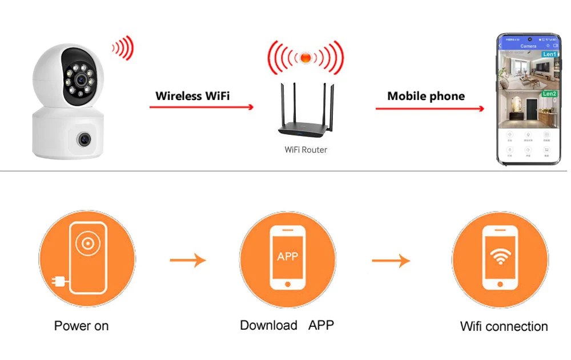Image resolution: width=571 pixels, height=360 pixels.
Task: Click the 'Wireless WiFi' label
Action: pyautogui.click(x=192, y=95)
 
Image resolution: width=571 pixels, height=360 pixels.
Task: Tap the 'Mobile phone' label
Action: pyautogui.click(x=426, y=96)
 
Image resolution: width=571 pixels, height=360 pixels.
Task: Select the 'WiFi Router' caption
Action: pyautogui.click(x=306, y=150)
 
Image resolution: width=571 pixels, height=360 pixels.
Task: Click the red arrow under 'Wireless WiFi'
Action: pyautogui.click(x=202, y=107)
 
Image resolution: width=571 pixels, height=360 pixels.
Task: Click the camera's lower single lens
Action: pyautogui.click(x=83, y=138)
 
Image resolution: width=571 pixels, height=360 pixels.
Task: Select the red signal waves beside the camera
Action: pyautogui.click(x=122, y=48)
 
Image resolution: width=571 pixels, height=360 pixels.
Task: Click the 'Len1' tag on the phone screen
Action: pyautogui.click(x=549, y=54)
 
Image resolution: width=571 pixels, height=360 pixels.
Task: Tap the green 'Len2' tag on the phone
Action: pyautogui.click(x=549, y=93)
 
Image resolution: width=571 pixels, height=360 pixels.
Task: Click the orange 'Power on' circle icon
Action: pyautogui.click(x=87, y=259)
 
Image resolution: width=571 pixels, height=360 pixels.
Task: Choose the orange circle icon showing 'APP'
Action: pyautogui.click(x=287, y=259)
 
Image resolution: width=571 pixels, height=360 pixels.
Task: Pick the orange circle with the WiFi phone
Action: pyautogui.click(x=500, y=259)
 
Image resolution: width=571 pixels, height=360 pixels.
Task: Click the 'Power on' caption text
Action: pyautogui.click(x=81, y=326)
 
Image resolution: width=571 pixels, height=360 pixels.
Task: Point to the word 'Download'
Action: pyautogui.click(x=268, y=325)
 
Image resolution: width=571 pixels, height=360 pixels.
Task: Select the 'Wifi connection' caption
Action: pyautogui.click(x=504, y=326)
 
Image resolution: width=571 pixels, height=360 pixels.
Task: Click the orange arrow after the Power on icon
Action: pyautogui.click(x=188, y=261)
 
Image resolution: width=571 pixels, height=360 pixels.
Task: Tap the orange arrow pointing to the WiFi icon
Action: pyautogui.click(x=391, y=261)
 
